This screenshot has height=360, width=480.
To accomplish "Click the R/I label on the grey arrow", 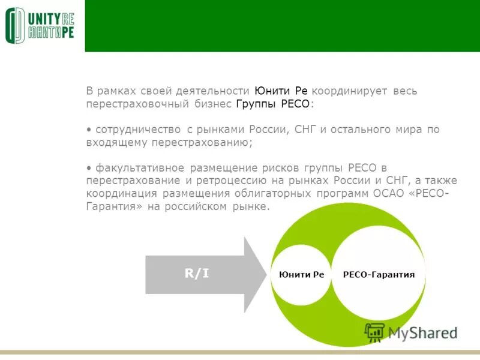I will pyautogui.click(x=197, y=274).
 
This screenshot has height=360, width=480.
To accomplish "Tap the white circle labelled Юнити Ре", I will pyautogui.click(x=301, y=274).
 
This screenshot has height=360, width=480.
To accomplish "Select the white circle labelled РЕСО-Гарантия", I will pyautogui.click(x=379, y=274).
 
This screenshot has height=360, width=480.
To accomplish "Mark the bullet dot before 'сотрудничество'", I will pyautogui.click(x=89, y=130).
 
